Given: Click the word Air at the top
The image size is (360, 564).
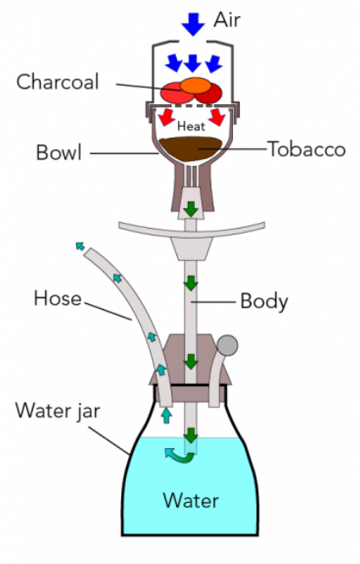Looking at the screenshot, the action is (227, 19).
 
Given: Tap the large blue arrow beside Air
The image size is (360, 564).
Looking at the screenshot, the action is (193, 24).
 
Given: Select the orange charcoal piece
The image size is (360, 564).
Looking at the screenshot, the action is (196, 86).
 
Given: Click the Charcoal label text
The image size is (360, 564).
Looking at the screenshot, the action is (58, 81).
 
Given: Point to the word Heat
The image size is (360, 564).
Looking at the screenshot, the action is (191, 126).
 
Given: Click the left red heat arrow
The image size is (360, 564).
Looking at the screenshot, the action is (167, 117).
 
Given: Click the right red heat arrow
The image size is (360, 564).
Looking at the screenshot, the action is (217, 117).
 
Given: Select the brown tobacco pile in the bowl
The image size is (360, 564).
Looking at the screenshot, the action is (191, 148).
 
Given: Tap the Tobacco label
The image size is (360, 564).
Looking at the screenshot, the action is (307, 149).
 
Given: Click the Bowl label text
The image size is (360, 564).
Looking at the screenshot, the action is (59, 152).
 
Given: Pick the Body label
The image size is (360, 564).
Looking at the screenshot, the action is (264, 301).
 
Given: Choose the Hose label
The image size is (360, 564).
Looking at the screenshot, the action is (58, 298).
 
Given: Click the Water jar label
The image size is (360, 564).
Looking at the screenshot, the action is (58, 411).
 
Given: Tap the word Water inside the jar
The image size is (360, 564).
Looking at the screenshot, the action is (191, 500).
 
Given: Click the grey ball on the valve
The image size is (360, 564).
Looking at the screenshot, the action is (227, 346).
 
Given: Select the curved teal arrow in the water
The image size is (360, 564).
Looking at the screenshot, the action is (179, 456).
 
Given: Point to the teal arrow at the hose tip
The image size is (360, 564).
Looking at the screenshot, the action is (80, 246).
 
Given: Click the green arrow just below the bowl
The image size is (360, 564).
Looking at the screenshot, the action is (191, 209).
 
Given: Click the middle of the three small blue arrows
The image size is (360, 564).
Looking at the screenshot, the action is (193, 64).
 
